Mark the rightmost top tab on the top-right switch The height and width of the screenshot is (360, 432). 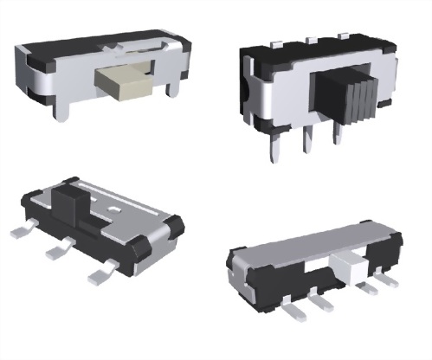click(344, 35)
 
